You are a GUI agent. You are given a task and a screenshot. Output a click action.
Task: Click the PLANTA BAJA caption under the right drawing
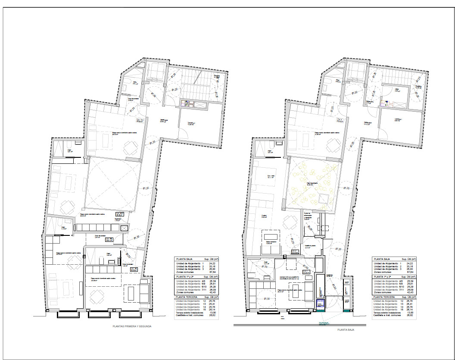point(346,329)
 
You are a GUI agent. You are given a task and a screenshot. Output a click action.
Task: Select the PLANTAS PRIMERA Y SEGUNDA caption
point(131,326)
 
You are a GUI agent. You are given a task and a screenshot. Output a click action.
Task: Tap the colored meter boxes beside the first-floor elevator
point(188,103)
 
